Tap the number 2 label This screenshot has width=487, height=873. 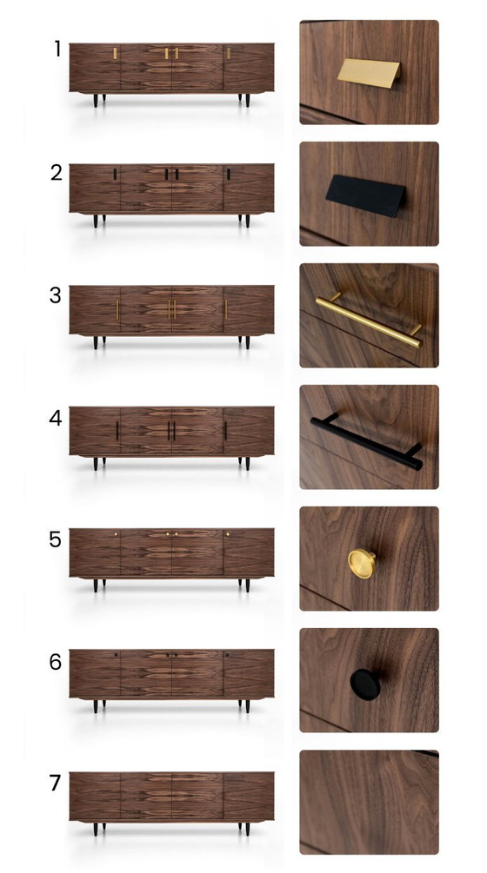pos(57,172)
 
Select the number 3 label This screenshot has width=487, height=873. pos(57,294)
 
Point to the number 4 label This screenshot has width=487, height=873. pos(57,417)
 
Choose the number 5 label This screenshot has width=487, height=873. pos(57,539)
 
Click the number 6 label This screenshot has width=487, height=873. pos(57,662)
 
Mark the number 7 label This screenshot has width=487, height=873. pos(57,784)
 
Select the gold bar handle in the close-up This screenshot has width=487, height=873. pos(369,319)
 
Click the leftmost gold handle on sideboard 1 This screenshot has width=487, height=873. pos(115,54)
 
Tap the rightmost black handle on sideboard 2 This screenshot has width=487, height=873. pos(229,175)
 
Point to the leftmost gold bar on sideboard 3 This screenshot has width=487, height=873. pos(117,309)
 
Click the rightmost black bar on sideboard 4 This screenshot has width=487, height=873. pos(225,430)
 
